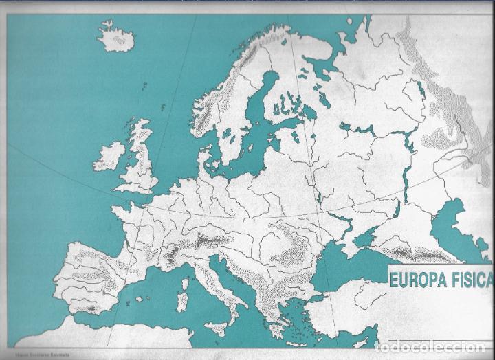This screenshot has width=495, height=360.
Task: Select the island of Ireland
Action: click(x=109, y=157)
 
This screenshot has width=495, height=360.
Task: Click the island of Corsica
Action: click(x=185, y=284)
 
